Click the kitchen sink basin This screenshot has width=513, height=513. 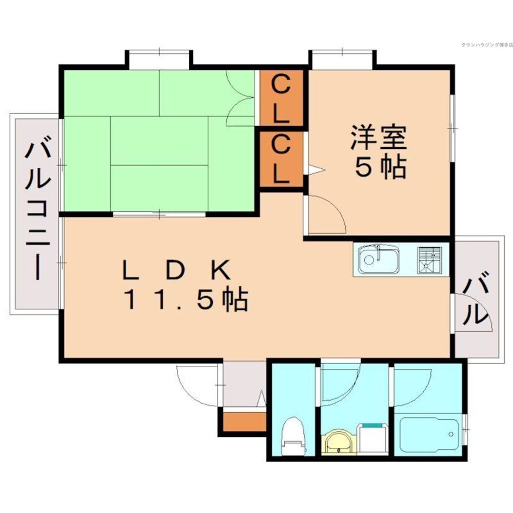pyautogui.click(x=378, y=260)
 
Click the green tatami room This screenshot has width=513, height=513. pyautogui.click(x=159, y=141)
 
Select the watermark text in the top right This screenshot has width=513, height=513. pyautogui.click(x=483, y=45)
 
